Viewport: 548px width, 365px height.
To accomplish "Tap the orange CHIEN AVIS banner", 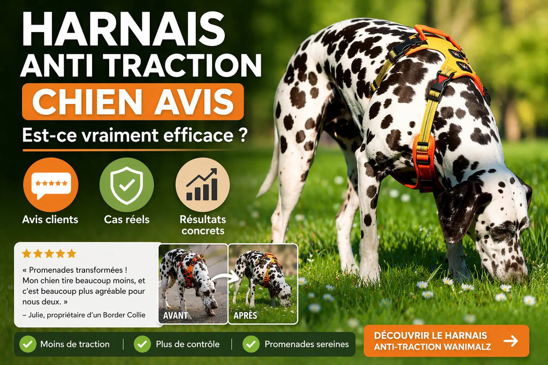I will (x=133, y=102).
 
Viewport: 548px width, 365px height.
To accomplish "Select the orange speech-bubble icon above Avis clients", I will (x=50, y=185).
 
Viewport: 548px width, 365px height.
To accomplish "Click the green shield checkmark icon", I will (x=126, y=185).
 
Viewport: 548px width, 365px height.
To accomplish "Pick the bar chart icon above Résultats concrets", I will (x=202, y=185).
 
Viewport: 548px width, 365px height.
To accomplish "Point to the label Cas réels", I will (x=126, y=220).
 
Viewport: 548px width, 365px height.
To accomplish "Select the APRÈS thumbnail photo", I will (x=263, y=283).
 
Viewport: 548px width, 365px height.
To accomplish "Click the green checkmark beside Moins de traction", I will (x=28, y=344).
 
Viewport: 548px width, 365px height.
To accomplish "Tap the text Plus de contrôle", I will (x=187, y=344).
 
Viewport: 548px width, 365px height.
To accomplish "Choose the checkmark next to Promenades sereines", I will (x=251, y=344).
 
